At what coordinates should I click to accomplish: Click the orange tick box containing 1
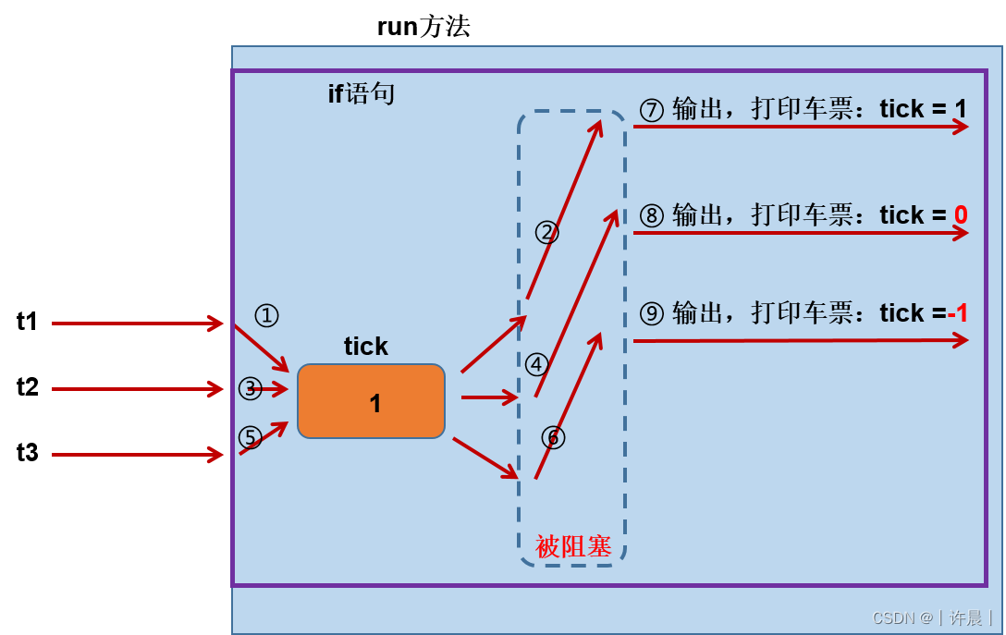(371, 401)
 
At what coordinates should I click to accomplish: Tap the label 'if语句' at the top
(362, 93)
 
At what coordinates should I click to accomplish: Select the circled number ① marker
(266, 316)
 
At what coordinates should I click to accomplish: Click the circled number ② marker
(546, 232)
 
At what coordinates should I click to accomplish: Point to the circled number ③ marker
(250, 389)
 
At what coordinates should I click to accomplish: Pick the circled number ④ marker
(536, 364)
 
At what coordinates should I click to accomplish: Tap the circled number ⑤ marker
(250, 437)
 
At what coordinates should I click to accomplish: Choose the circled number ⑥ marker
(553, 437)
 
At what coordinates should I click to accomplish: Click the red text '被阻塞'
(573, 546)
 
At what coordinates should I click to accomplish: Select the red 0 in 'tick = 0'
(961, 214)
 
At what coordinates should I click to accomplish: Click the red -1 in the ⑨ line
(958, 313)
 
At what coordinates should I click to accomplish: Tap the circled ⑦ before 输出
(652, 110)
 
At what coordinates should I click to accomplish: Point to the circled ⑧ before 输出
(652, 215)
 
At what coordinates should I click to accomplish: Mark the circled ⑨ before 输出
(652, 314)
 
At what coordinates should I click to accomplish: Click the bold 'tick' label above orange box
(365, 347)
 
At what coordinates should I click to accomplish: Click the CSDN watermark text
(932, 617)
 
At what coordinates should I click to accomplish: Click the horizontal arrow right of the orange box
(488, 397)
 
